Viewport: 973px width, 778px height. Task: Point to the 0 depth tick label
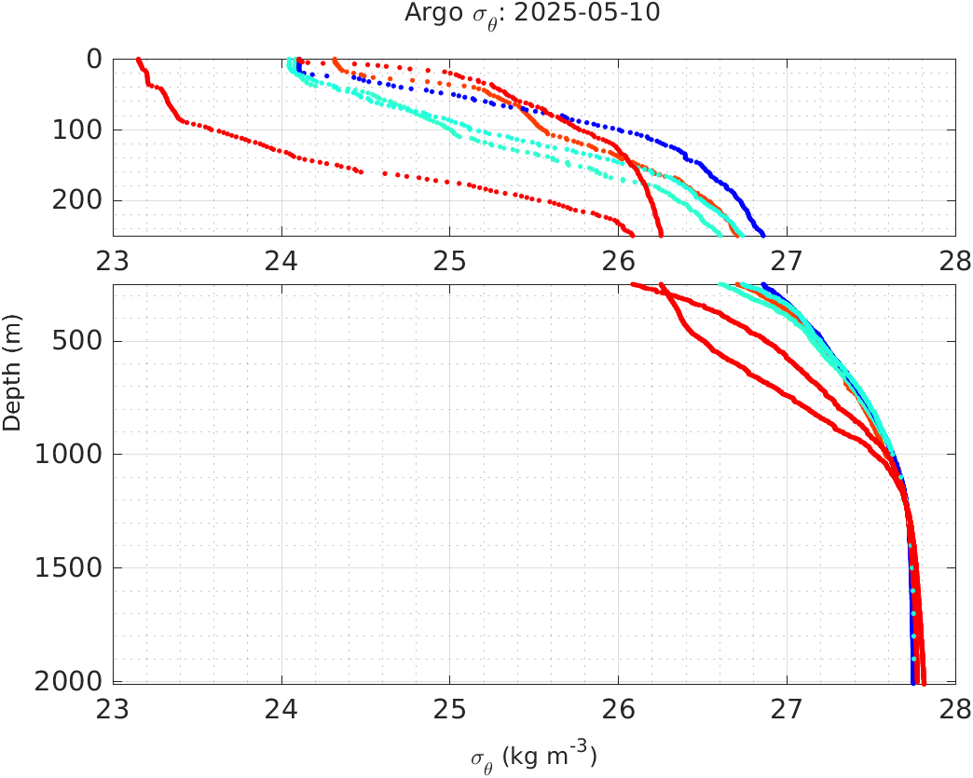93,60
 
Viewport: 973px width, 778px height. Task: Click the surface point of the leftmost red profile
138,60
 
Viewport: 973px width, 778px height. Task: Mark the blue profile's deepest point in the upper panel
762,234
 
